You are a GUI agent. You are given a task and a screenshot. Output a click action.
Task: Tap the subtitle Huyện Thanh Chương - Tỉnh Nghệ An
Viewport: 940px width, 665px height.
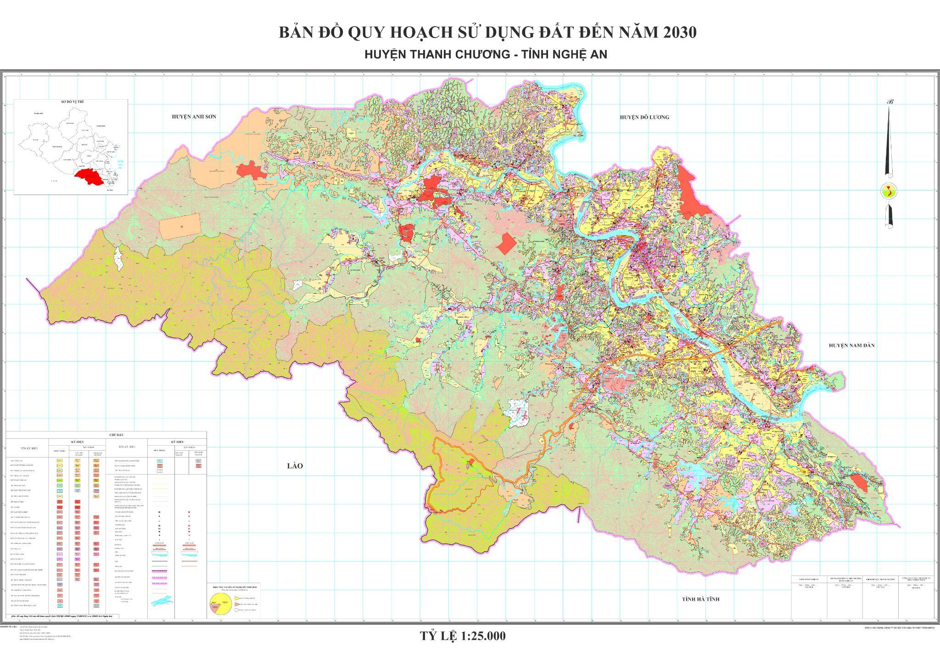coord(486,54)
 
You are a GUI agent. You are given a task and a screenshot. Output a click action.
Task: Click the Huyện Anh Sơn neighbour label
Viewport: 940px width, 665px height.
coord(194,117)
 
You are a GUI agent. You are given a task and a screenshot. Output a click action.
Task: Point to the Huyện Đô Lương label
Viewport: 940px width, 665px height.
coord(644,117)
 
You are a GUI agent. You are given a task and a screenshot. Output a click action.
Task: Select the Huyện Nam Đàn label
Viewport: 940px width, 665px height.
coord(851,345)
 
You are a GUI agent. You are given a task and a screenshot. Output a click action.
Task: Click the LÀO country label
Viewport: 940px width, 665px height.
coord(295,466)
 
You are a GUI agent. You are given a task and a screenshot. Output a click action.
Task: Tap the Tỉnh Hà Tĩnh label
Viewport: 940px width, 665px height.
coord(700,599)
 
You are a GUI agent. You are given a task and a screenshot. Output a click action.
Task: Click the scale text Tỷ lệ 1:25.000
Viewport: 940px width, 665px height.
coord(463,636)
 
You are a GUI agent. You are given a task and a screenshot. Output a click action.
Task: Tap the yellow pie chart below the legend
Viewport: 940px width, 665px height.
coord(219,604)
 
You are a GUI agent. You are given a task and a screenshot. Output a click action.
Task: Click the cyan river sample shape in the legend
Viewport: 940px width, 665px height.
coord(163,612)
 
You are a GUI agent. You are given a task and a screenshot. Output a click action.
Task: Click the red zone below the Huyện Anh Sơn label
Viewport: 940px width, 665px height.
coord(251,170)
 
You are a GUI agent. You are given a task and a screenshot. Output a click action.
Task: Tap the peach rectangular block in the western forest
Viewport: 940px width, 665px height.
coord(180,227)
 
